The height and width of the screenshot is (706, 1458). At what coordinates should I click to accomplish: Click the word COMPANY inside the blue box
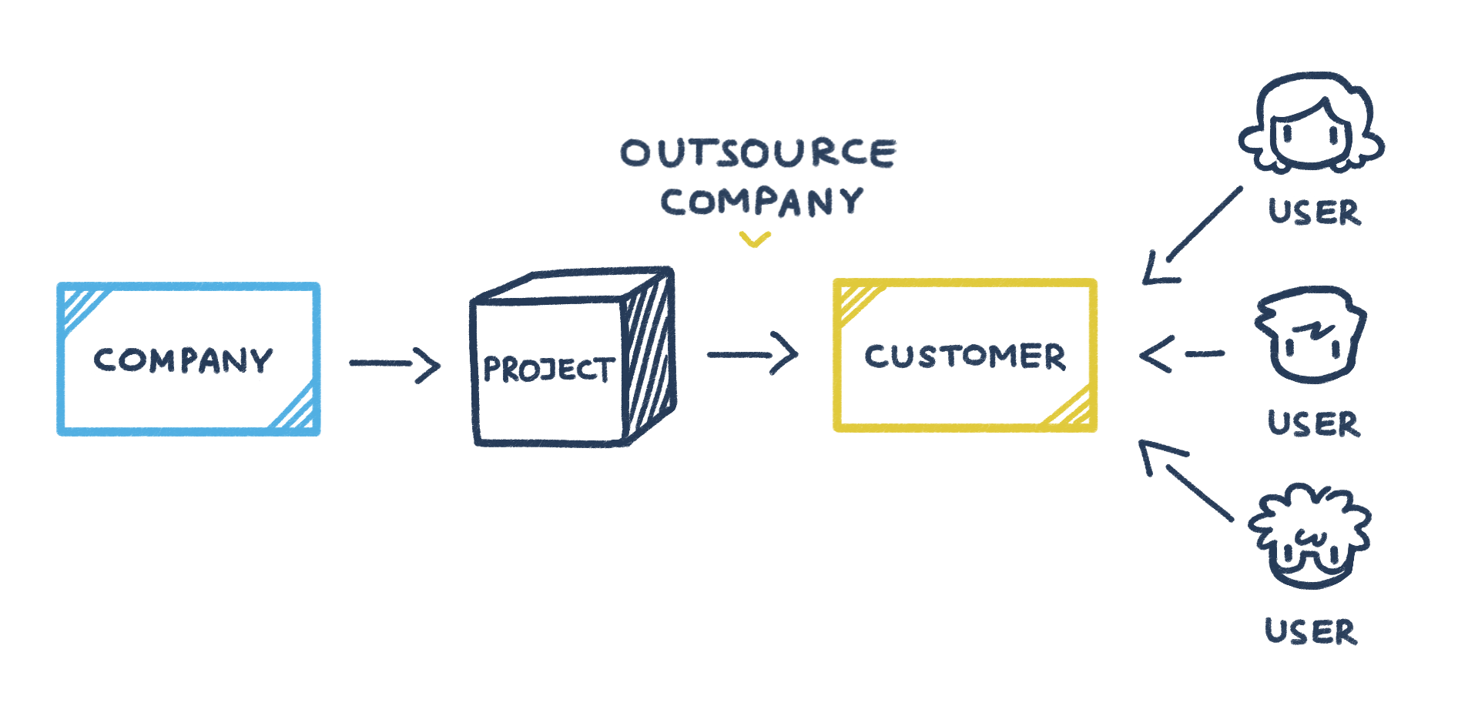pyautogui.click(x=183, y=360)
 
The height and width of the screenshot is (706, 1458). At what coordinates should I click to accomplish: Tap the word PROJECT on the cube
pyautogui.click(x=548, y=370)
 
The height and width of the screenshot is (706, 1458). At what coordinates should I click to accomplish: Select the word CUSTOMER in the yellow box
pyautogui.click(x=964, y=356)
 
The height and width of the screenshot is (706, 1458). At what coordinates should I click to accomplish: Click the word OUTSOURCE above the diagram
pyautogui.click(x=758, y=152)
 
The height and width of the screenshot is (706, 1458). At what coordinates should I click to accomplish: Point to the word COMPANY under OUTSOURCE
pyautogui.click(x=762, y=202)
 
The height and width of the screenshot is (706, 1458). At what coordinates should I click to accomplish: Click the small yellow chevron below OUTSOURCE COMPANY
pyautogui.click(x=755, y=240)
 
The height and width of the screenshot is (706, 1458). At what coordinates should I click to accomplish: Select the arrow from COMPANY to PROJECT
pyautogui.click(x=394, y=363)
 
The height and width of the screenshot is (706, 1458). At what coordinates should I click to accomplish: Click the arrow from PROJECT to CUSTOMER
pyautogui.click(x=752, y=354)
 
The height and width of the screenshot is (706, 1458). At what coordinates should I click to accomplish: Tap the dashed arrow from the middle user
pyautogui.click(x=1180, y=354)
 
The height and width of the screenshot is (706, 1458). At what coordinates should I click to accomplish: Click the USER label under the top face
pyautogui.click(x=1314, y=212)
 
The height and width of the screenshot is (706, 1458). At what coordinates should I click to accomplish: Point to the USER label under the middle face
pyautogui.click(x=1313, y=423)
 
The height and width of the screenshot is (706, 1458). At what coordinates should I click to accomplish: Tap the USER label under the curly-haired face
pyautogui.click(x=1311, y=631)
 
